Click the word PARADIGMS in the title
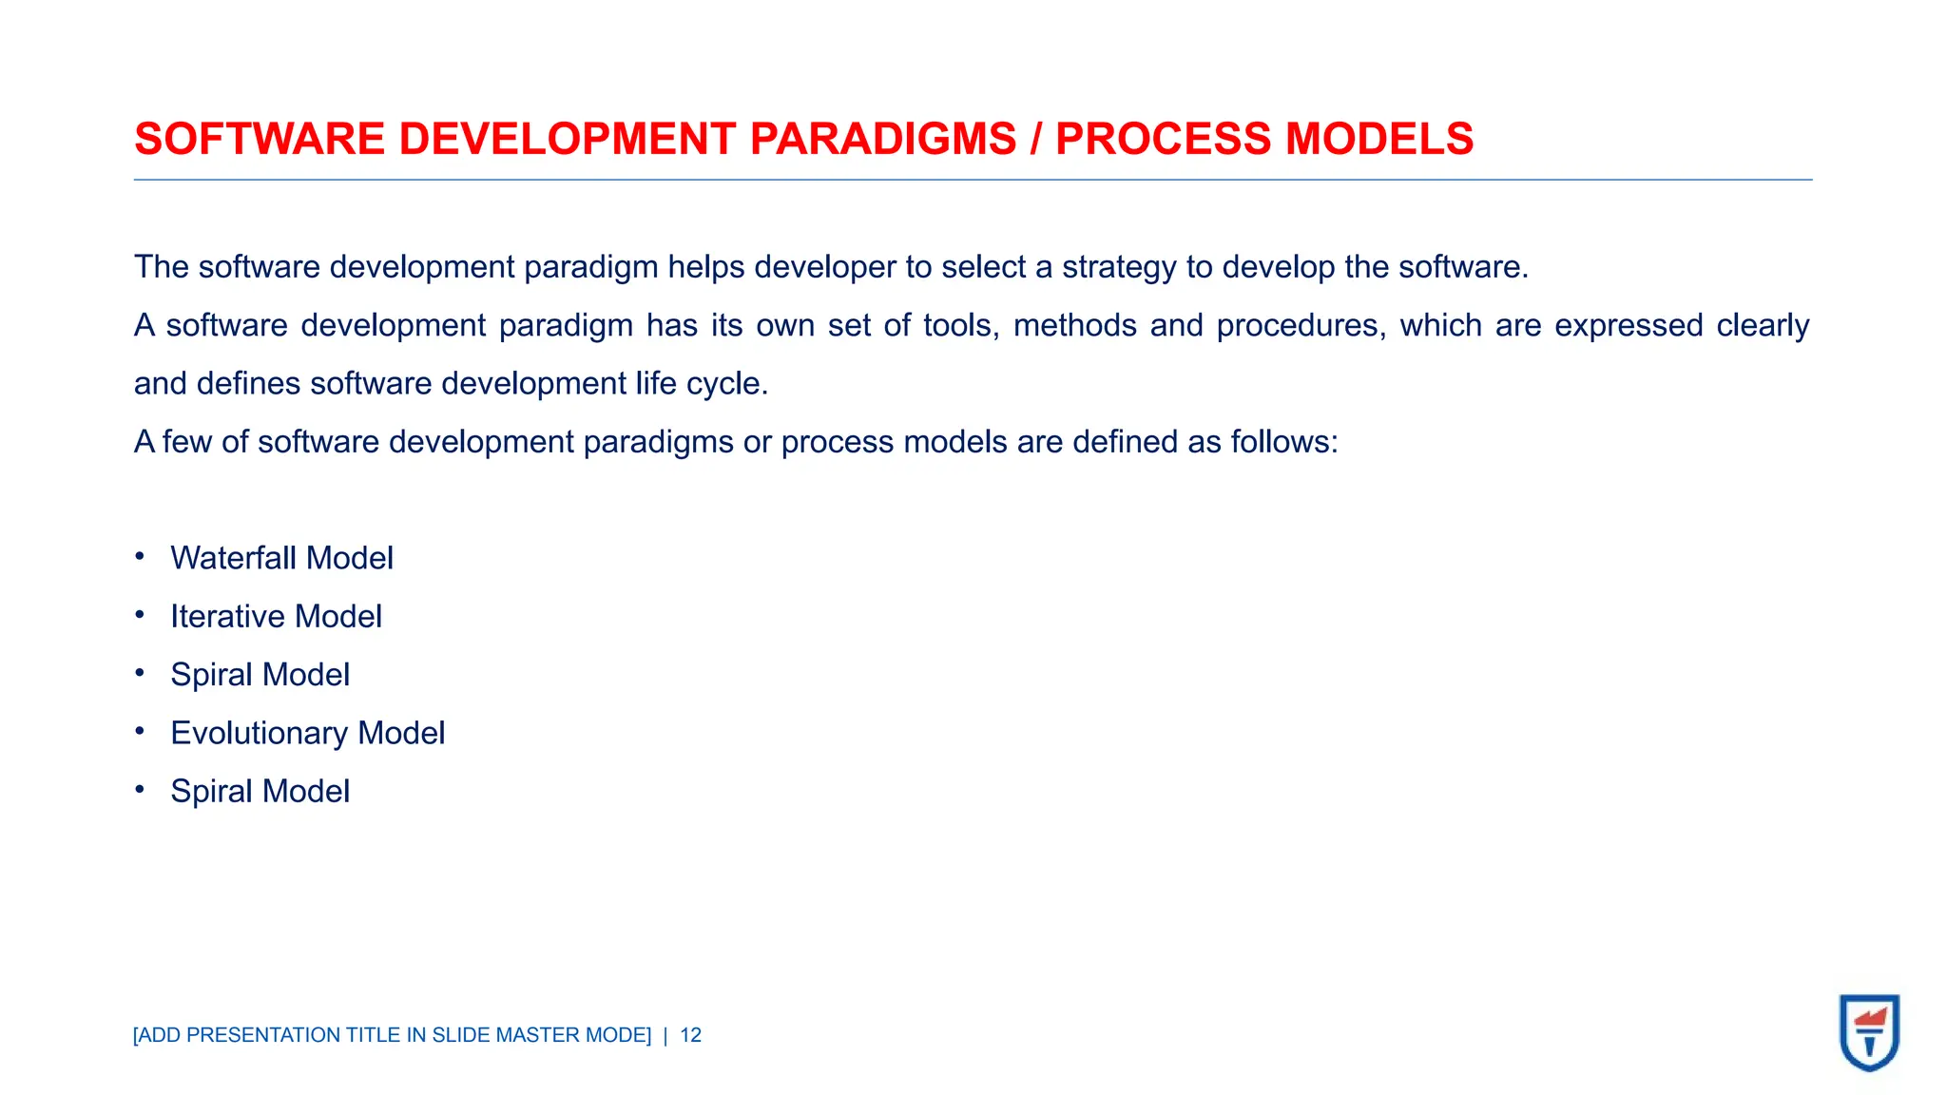tap(882, 139)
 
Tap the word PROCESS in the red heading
tap(1163, 139)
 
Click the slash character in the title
tap(1035, 139)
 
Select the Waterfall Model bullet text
tap(281, 558)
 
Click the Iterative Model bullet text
tap(276, 617)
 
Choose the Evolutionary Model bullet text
tap(307, 733)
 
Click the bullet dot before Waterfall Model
tap(140, 556)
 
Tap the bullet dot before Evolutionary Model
tap(140, 731)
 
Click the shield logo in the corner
tap(1869, 1032)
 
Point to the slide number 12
tap(690, 1035)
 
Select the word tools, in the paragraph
tap(961, 326)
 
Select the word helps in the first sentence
tap(705, 267)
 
